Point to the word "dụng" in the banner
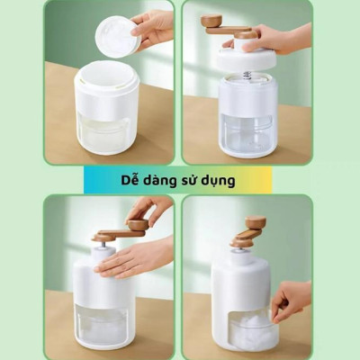pos(225,181)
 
